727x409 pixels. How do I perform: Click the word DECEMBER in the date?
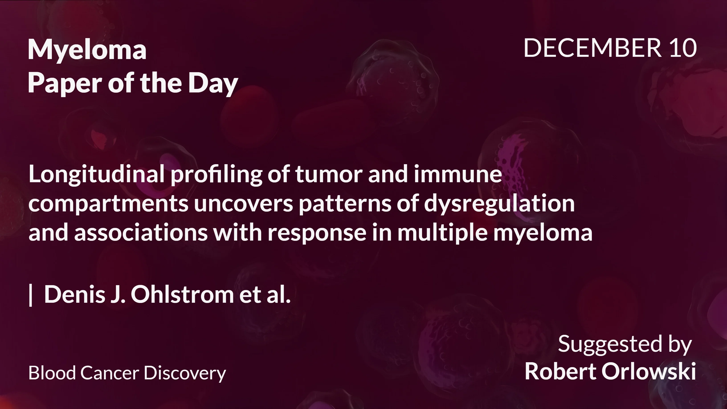[592, 48]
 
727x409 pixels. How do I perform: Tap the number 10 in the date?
[683, 48]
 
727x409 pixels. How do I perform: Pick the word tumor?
[329, 174]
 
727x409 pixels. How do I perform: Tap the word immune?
[458, 174]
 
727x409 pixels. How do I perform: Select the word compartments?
[108, 204]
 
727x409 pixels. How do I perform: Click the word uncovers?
[243, 204]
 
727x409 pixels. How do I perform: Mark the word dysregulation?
[499, 204]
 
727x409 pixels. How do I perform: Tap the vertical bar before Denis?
[31, 295]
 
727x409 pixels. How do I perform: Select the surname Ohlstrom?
[182, 295]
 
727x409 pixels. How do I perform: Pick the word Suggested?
[610, 344]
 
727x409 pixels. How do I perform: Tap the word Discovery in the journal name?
[185, 373]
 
